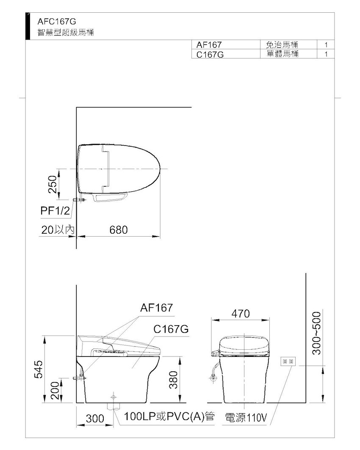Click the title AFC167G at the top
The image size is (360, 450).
(57, 22)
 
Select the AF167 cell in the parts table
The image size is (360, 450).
(209, 45)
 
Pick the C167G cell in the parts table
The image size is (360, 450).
(210, 54)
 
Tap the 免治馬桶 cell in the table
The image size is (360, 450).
(282, 44)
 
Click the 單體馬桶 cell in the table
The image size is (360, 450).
(282, 54)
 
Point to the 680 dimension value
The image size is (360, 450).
(119, 230)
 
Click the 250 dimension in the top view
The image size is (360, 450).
(53, 185)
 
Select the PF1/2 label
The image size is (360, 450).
(55, 211)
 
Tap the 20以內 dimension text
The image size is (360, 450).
(58, 230)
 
